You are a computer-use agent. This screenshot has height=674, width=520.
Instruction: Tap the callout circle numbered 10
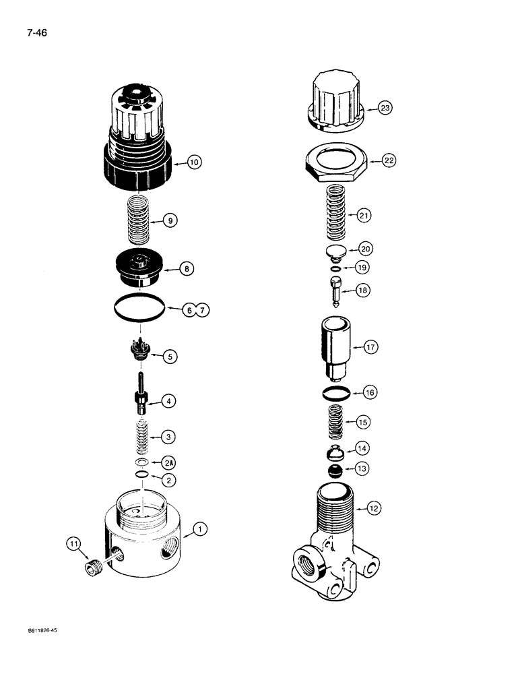pyautogui.click(x=195, y=162)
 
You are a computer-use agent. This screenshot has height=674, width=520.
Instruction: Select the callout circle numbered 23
pyautogui.click(x=385, y=108)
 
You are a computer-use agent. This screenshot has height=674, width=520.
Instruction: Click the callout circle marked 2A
pyautogui.click(x=168, y=462)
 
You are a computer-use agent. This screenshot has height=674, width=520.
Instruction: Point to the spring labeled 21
pyautogui.click(x=337, y=214)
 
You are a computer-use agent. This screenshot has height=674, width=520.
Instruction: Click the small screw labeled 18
pyautogui.click(x=337, y=290)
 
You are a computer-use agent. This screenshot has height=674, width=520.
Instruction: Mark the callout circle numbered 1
pyautogui.click(x=199, y=531)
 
